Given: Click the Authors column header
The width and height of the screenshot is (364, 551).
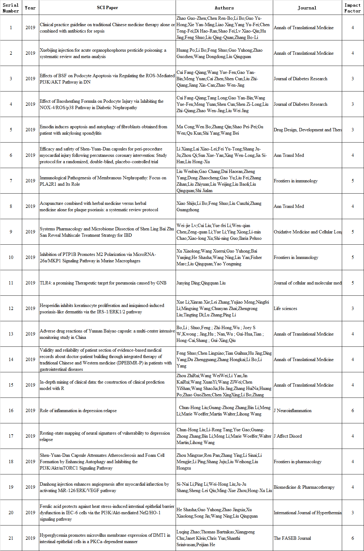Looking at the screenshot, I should [224, 8].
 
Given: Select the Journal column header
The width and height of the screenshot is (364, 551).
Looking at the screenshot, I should [307, 8].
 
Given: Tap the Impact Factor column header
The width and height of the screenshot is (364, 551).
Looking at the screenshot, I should [352, 8].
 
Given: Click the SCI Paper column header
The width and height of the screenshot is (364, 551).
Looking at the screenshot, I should [107, 8].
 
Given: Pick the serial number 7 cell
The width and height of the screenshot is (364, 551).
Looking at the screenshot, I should [11, 181].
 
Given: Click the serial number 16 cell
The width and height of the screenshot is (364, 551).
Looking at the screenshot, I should [11, 411].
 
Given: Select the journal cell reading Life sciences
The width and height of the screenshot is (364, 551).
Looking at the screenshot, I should [285, 308].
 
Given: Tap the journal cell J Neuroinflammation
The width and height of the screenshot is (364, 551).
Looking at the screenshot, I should [293, 411].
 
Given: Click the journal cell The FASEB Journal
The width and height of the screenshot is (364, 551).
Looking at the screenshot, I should [292, 538].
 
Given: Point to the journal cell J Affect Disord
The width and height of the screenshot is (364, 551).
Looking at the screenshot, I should [288, 436].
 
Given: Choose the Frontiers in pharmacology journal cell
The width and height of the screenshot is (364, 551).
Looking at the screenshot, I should [297, 462].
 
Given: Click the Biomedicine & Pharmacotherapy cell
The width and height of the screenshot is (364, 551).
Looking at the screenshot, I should [304, 487].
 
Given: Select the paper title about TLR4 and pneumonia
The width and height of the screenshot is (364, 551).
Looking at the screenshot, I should [103, 283].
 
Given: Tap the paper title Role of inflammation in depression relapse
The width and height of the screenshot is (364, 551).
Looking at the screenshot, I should [78, 411].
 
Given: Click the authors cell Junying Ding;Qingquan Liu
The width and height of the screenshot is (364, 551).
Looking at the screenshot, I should [201, 283].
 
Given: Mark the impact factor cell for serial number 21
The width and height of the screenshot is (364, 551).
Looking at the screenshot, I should [352, 538].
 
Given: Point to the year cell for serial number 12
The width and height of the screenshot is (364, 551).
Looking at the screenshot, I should [30, 308].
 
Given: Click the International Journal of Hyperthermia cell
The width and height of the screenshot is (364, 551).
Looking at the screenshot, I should [307, 513].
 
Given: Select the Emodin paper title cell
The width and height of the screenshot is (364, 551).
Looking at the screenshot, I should [103, 130].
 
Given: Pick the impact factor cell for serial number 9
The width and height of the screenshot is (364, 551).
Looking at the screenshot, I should [352, 232].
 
